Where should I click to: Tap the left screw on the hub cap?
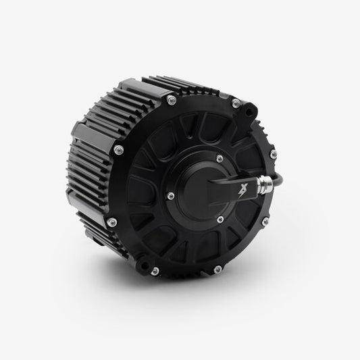pyautogui.click(x=172, y=197)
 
